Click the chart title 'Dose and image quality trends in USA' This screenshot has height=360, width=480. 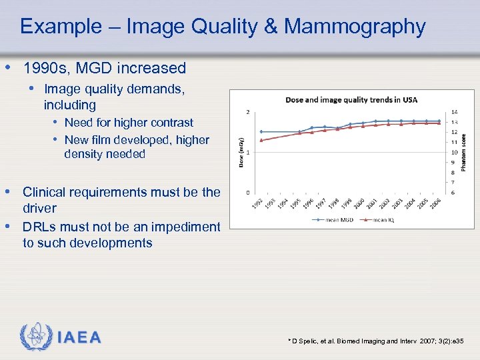351,100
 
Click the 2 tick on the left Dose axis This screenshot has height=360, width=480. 249,112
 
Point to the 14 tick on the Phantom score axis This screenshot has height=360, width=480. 454,112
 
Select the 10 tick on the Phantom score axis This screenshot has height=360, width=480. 454,152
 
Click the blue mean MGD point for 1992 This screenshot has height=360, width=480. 261,131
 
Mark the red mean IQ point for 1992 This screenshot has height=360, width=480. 261,140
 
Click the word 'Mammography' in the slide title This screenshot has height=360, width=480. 355,27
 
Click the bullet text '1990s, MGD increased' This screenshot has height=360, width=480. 105,68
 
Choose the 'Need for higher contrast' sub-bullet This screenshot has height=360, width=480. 129,123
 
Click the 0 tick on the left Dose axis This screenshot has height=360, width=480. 249,193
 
